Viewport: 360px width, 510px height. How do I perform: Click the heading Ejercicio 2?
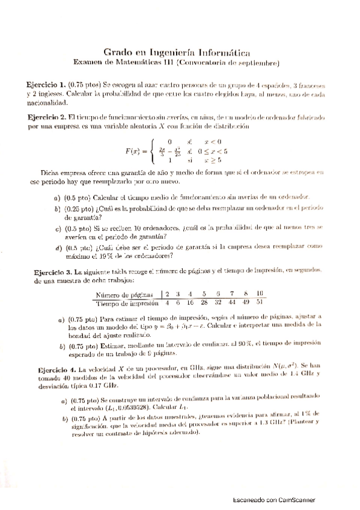tap(46, 117)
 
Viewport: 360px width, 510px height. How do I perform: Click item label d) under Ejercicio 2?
tap(58, 247)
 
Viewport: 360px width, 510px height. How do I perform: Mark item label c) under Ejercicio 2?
tap(58, 229)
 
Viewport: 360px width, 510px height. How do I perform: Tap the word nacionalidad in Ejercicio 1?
tap(46, 103)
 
